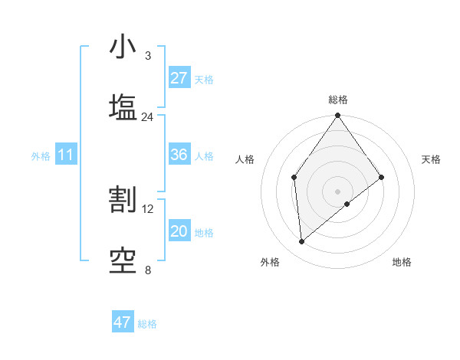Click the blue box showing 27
179,78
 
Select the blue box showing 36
179,155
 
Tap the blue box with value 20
179,231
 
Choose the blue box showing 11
66,155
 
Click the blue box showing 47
123,322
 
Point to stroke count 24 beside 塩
147,117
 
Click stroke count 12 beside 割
148,208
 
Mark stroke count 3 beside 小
147,56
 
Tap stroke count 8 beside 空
147,270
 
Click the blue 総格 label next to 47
147,324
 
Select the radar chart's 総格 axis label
338,100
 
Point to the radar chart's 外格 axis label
270,262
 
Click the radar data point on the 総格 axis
337,116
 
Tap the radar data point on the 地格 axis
347,203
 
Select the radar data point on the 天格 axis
382,177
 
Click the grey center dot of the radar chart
337,190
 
